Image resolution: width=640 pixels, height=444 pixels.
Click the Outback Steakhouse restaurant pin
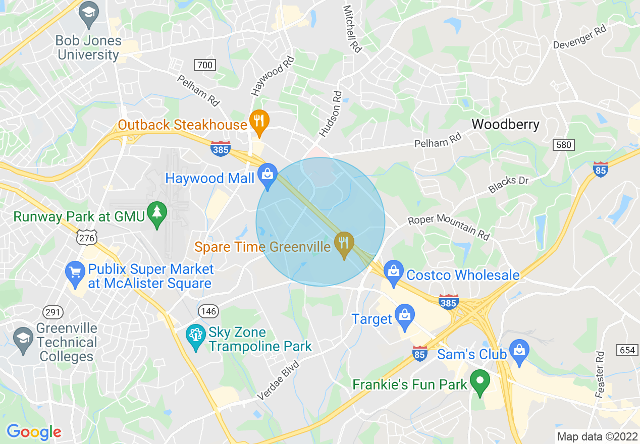tap(259, 122)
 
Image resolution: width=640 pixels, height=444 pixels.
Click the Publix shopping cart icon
tap(75, 273)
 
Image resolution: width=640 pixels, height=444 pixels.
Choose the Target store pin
tap(405, 316)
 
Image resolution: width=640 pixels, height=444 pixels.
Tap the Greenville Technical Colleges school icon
tap(23, 339)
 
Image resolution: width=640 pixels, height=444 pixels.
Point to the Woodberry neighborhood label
tap(505, 124)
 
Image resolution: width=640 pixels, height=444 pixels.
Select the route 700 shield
tap(204, 65)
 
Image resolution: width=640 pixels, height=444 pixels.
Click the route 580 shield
tap(564, 145)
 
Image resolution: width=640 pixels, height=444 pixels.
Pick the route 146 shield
tap(208, 310)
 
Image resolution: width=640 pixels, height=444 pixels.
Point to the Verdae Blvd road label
tap(278, 380)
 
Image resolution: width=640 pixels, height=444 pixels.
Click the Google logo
tap(34, 432)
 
